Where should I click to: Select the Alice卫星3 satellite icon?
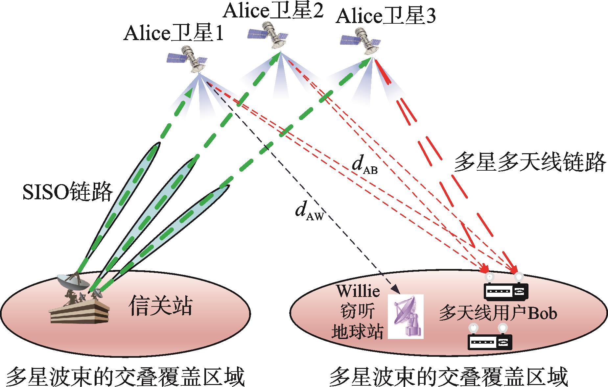coord(361,41)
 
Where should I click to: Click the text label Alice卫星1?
coord(174,34)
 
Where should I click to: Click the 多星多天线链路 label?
coord(529,162)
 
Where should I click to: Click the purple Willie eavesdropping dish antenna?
coord(406,316)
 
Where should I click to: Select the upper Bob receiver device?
coord(506,289)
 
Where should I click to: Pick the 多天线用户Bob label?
coord(498,313)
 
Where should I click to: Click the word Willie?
coord(358,291)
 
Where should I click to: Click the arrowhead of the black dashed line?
coord(397,291)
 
